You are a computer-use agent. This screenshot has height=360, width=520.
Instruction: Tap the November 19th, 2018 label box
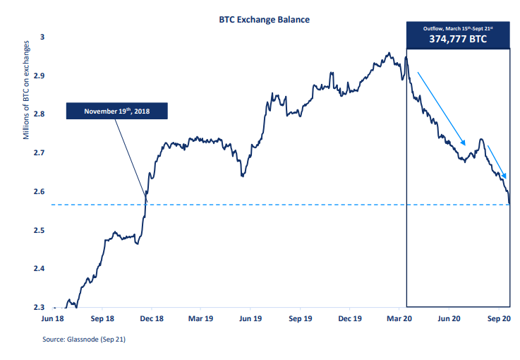coord(117,111)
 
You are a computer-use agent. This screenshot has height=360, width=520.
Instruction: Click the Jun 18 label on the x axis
coord(54,319)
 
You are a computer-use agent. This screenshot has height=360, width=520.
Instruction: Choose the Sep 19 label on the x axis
coord(301,319)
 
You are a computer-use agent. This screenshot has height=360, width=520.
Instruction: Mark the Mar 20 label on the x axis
coord(399,319)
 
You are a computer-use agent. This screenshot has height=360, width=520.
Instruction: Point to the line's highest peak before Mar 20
coord(388,52)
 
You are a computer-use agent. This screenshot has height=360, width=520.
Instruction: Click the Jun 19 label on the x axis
coord(252,319)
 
